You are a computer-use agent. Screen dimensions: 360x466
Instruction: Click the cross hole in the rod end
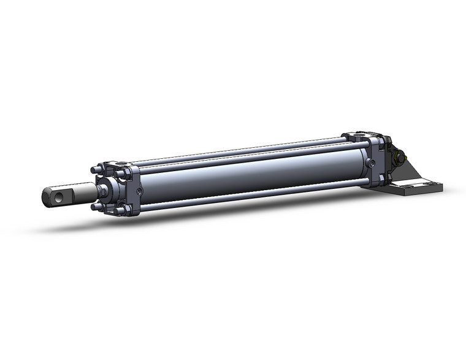pyautogui.click(x=58, y=197)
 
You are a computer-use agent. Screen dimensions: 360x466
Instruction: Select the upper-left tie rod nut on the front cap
pyautogui.click(x=96, y=170)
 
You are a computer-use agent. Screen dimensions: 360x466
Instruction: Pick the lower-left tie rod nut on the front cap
pyautogui.click(x=96, y=207)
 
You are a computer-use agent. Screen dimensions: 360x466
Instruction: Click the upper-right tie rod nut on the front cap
pyautogui.click(x=120, y=174)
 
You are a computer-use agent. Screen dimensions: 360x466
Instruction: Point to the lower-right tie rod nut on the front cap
pyautogui.click(x=121, y=210)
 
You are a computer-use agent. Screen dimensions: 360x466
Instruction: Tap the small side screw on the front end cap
pyautogui.click(x=141, y=191)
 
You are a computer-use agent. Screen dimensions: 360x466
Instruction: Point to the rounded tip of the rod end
pyautogui.click(x=45, y=198)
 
